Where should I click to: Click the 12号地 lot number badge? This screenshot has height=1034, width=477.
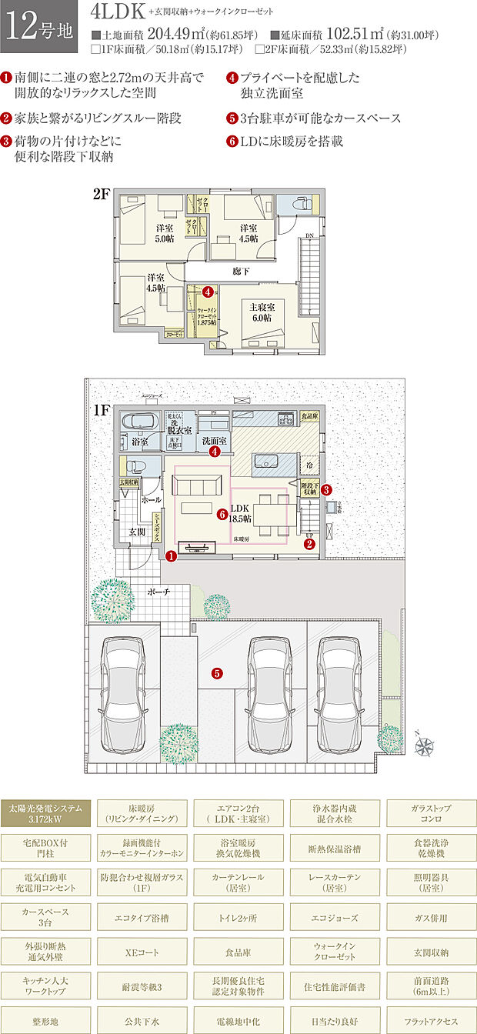(x=38, y=28)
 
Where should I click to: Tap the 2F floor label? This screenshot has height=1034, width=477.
(x=102, y=195)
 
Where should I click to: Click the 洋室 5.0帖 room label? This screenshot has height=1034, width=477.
(x=165, y=233)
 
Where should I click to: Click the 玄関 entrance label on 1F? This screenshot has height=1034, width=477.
(x=136, y=532)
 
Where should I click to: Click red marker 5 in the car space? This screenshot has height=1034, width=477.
(x=218, y=674)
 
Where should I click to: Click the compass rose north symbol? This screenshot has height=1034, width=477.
(x=425, y=745)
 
